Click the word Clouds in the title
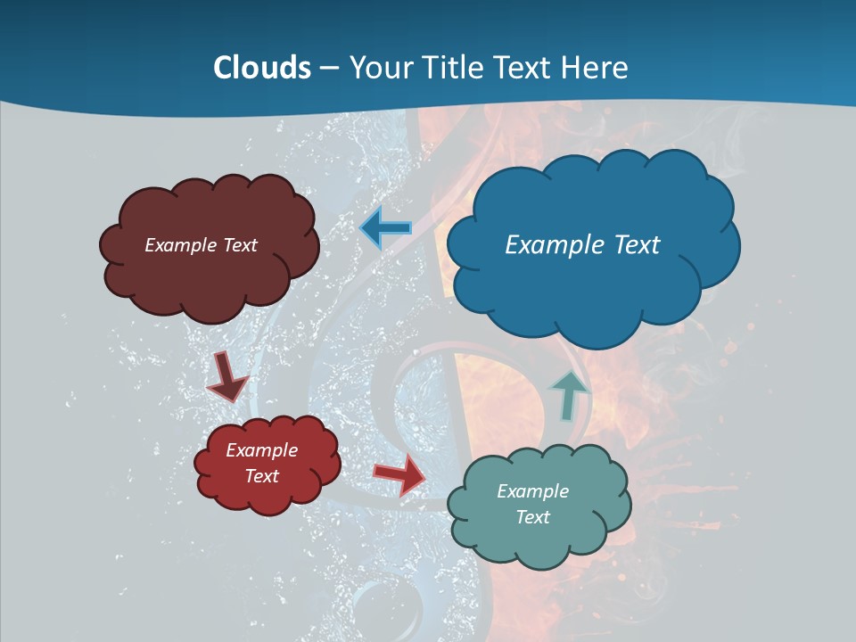pyautogui.click(x=262, y=68)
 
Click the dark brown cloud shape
pyautogui.click(x=210, y=276)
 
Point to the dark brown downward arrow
pyautogui.click(x=226, y=378)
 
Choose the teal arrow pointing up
pyautogui.click(x=569, y=394)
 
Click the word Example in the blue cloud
pyautogui.click(x=553, y=245)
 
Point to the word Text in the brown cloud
pyautogui.click(x=240, y=245)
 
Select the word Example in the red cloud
pyautogui.click(x=261, y=450)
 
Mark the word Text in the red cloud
pyautogui.click(x=261, y=476)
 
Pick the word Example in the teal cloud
pyautogui.click(x=532, y=491)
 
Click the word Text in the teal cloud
pyautogui.click(x=532, y=517)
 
